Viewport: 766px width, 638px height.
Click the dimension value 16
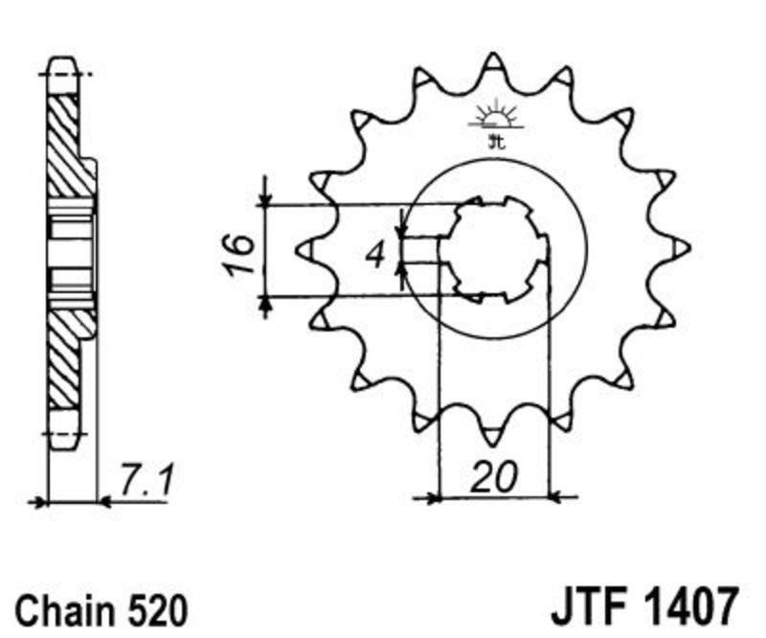click(237, 254)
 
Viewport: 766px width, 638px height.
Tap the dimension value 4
click(376, 255)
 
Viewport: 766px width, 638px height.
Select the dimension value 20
click(493, 476)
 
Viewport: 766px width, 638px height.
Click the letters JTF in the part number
click(589, 607)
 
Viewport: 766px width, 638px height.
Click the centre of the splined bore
click(494, 249)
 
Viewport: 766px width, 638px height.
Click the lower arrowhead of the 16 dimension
click(265, 303)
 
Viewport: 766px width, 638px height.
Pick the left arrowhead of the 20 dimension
click(433, 499)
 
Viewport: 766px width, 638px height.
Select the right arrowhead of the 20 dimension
click(557, 499)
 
